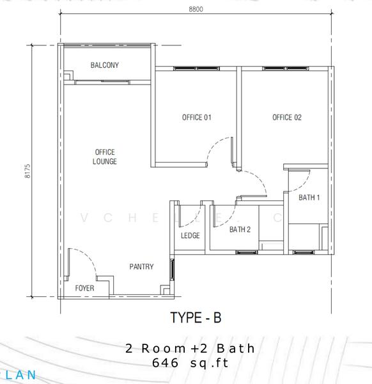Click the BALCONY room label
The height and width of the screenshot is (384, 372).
[104, 65]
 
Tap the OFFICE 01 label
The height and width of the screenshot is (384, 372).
[197, 117]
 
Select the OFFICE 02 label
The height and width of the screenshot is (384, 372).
[287, 117]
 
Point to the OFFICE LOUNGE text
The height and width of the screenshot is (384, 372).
[104, 157]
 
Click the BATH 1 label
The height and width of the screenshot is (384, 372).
[309, 198]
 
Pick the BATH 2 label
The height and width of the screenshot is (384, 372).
[240, 229]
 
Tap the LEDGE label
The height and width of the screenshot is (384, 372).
[190, 236]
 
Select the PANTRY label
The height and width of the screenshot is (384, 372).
[141, 267]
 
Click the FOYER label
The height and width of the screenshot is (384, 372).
[84, 289]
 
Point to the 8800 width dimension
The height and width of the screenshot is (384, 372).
[196, 10]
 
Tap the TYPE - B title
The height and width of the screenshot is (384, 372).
[196, 317]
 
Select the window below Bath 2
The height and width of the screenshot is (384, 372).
[247, 253]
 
